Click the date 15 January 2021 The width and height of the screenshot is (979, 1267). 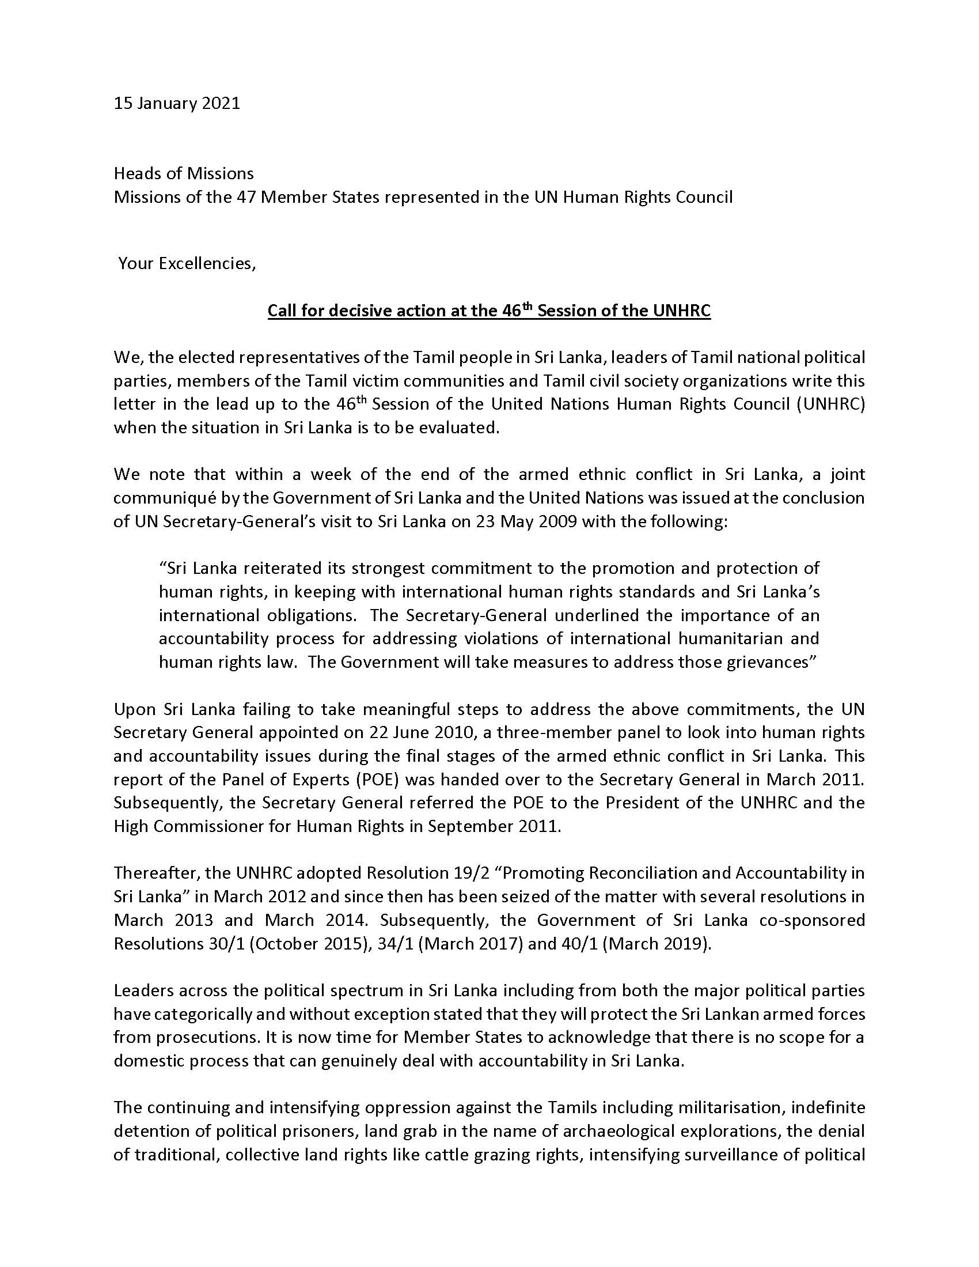pyautogui.click(x=177, y=104)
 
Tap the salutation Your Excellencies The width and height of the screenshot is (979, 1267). pyautogui.click(x=187, y=263)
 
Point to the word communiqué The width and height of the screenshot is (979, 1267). pyautogui.click(x=155, y=498)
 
